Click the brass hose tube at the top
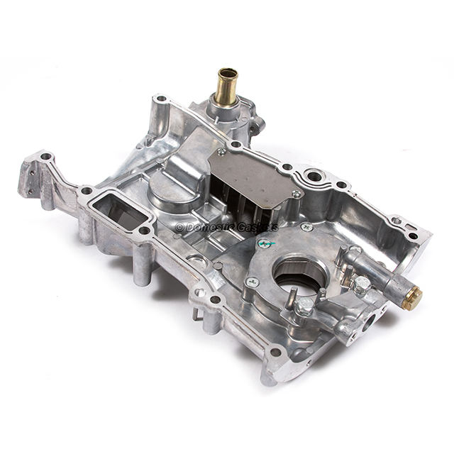tap(226, 86)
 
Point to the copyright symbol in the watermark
tap(179, 227)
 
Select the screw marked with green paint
tap(265, 243)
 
